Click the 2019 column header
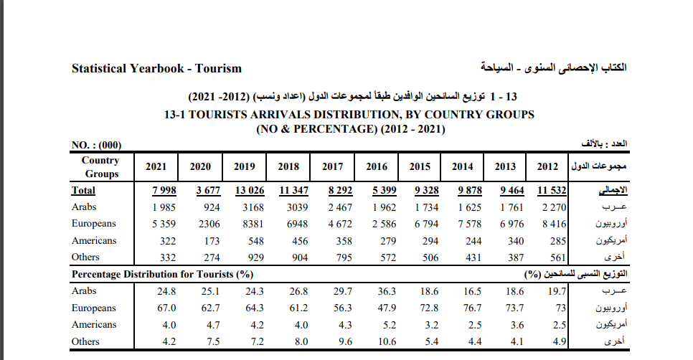[x=245, y=167]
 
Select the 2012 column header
[x=547, y=167]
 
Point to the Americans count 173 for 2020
[x=212, y=241]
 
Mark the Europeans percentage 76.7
[x=472, y=308]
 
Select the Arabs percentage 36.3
[x=387, y=292]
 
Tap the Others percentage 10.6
[x=387, y=342]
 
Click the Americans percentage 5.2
[x=389, y=325]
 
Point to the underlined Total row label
[x=83, y=191]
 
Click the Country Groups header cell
[x=100, y=167]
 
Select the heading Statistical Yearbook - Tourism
[x=156, y=69]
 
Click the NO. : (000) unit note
[x=97, y=144]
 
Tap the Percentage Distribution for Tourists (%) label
[x=162, y=275]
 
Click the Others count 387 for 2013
[x=514, y=257]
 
